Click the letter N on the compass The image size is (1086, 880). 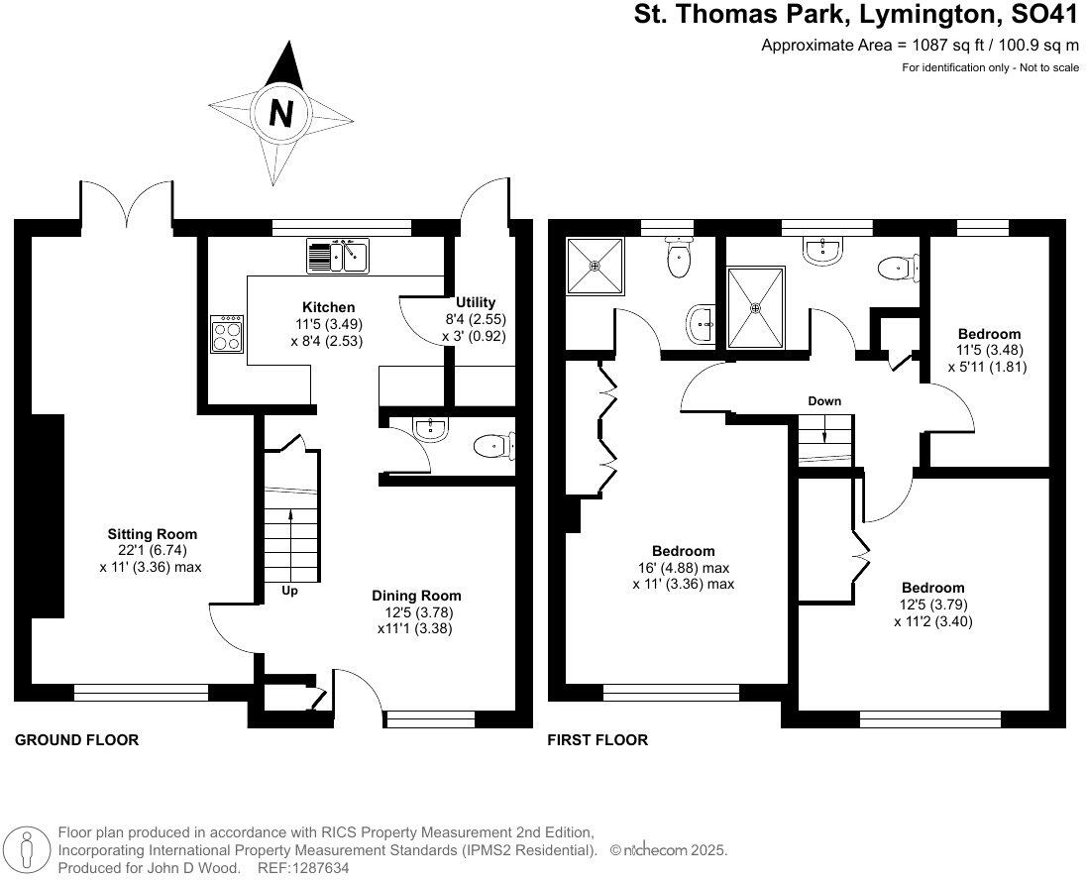[x=281, y=112]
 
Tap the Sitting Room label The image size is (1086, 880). [x=153, y=534]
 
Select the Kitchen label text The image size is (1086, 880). [x=327, y=307]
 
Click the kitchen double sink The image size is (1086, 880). [x=338, y=257]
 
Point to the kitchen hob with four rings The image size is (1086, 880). [x=226, y=333]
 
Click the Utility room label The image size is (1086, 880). [x=476, y=302]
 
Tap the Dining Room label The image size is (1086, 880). [x=416, y=596]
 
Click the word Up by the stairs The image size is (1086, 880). [x=289, y=591]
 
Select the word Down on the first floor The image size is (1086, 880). [x=824, y=401]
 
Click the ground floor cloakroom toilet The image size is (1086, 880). [x=491, y=447]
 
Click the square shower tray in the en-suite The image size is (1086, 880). [x=596, y=266]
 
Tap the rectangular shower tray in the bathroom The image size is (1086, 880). [x=757, y=307]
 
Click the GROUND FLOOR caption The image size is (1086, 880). [x=76, y=740]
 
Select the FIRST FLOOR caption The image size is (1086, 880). [x=598, y=740]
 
